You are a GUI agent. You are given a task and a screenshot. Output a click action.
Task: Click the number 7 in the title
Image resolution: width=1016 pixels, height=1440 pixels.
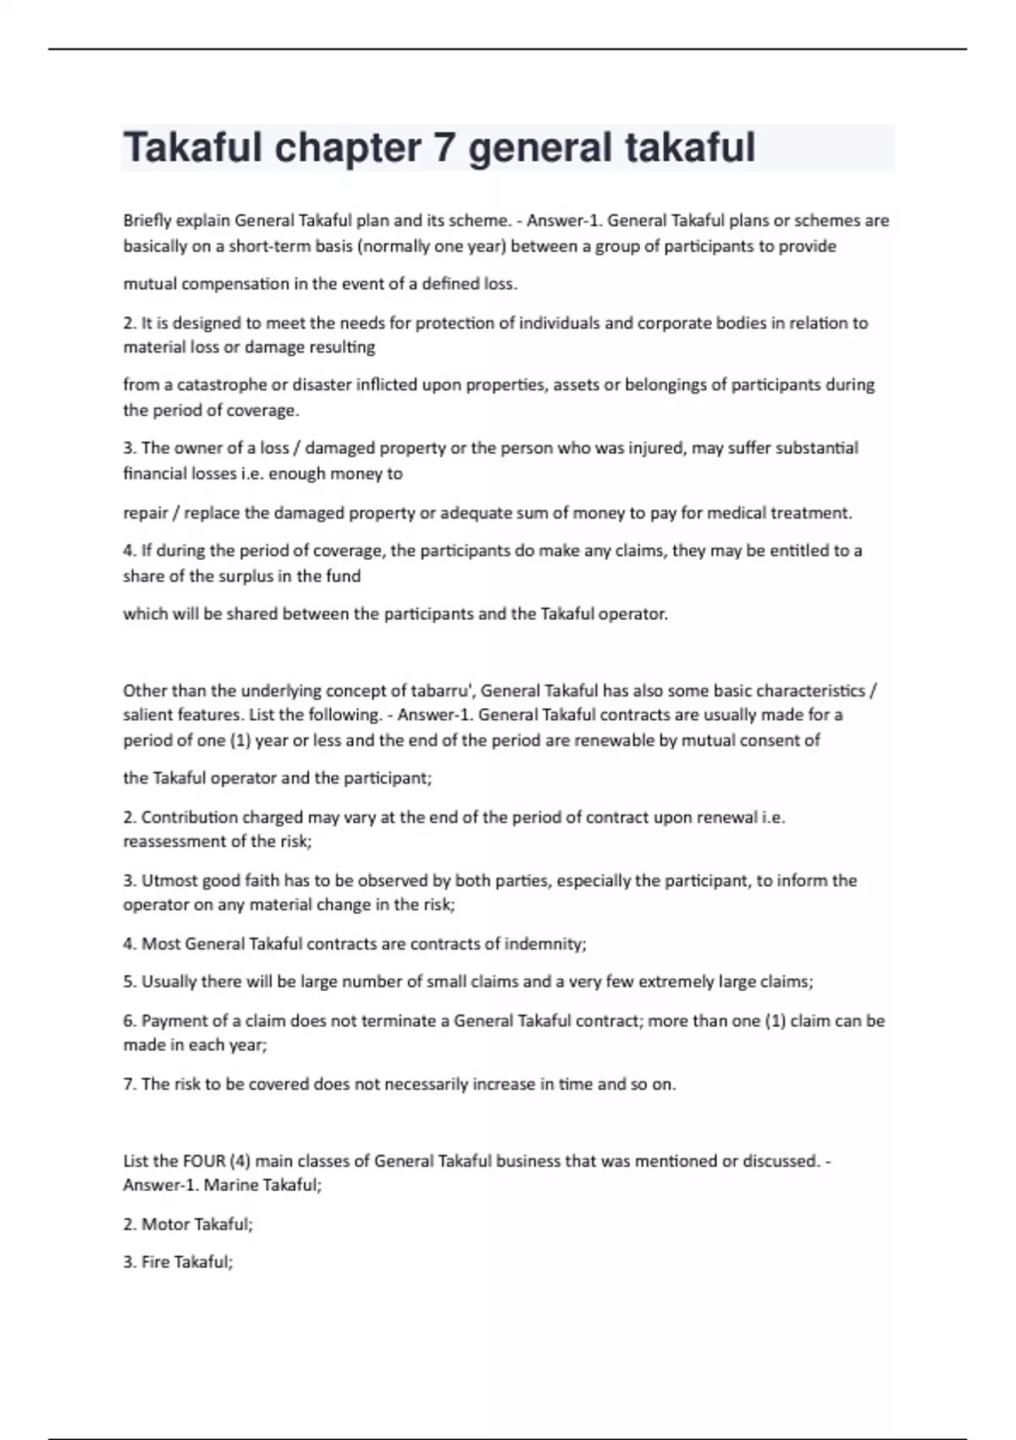click(444, 148)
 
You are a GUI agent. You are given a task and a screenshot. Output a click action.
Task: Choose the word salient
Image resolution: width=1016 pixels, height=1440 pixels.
click(148, 715)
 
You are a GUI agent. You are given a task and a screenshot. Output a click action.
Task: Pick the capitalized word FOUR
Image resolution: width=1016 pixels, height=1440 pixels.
click(204, 1161)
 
